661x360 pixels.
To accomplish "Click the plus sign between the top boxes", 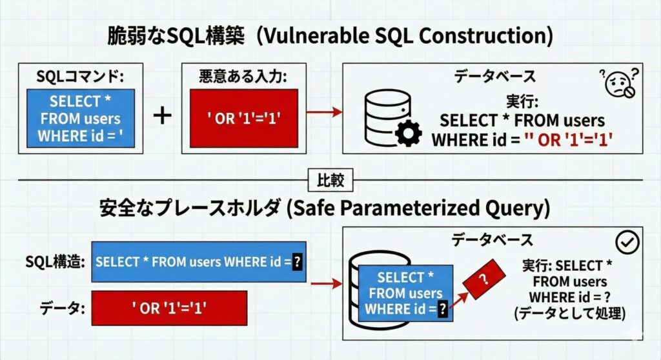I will (x=163, y=116).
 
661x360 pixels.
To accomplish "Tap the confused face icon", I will (x=619, y=83).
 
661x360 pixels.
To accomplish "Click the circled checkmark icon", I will (x=627, y=243).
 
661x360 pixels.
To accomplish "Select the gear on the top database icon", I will (x=407, y=134).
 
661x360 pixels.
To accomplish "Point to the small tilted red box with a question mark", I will (x=482, y=279).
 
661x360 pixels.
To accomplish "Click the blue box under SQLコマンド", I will (x=80, y=119).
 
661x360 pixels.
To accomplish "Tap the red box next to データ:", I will (x=170, y=308).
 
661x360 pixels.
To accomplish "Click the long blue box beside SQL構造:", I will (x=199, y=262).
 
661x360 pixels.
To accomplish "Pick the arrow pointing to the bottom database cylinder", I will (x=327, y=283).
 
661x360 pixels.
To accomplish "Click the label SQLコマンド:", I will (x=80, y=77).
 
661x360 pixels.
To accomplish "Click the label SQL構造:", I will (x=55, y=262).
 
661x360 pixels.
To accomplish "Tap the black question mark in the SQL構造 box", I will (x=297, y=262).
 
